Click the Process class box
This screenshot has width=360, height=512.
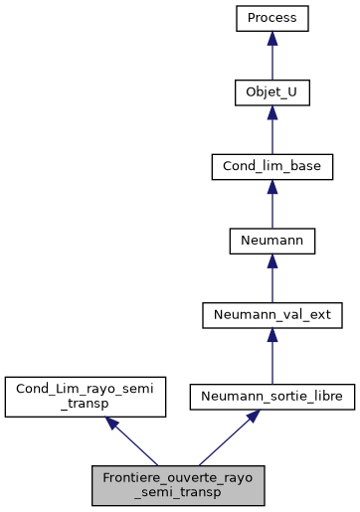click(x=272, y=19)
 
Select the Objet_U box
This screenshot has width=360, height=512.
click(x=272, y=92)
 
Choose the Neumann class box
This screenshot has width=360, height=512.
click(x=272, y=240)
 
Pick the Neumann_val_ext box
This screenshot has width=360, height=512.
click(x=272, y=314)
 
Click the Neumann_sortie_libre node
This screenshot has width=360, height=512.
click(x=272, y=396)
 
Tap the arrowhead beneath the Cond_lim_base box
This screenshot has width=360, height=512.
click(x=272, y=186)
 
